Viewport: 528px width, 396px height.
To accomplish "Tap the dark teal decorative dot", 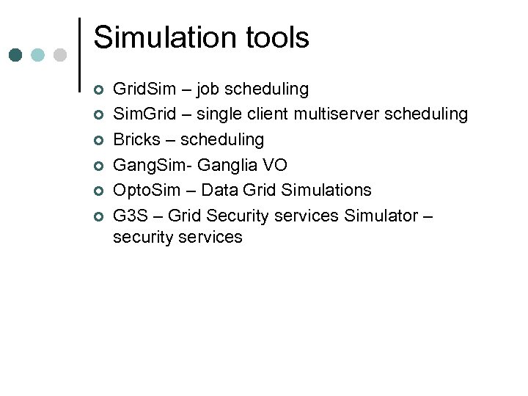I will tap(15, 55).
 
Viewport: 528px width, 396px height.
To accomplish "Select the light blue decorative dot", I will tap(38, 55).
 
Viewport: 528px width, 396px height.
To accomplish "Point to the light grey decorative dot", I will tap(60, 55).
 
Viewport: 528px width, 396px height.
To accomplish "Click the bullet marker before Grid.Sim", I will tap(98, 90).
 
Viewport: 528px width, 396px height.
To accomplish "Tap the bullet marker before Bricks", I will tap(98, 141).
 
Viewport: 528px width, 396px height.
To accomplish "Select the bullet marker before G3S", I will tap(98, 217).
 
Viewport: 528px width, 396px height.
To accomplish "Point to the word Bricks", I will tap(136, 140).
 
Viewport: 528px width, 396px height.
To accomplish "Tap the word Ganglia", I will tap(224, 166).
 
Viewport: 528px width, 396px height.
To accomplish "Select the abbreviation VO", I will tap(275, 165).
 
